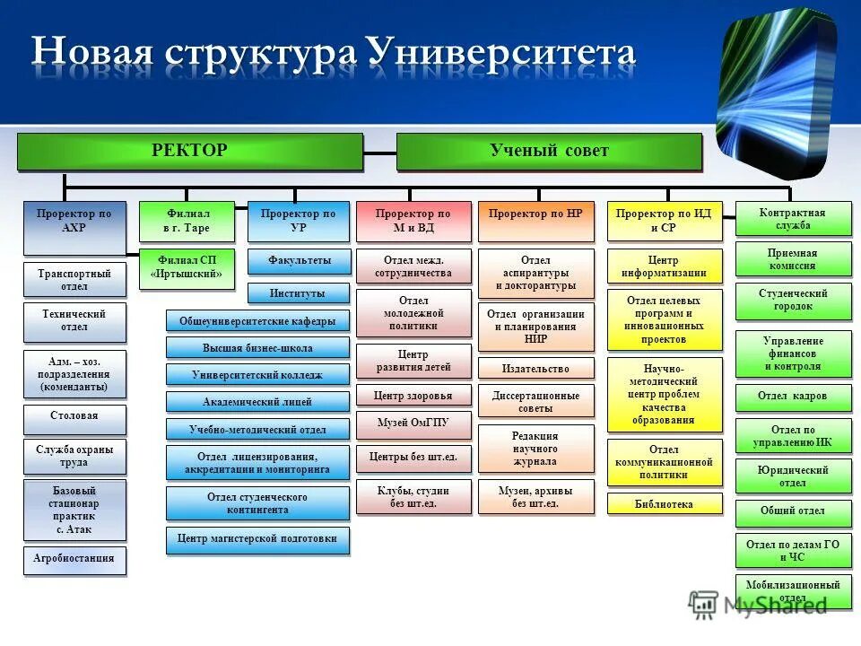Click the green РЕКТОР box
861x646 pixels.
[x=189, y=151]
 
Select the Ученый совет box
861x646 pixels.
[x=548, y=151]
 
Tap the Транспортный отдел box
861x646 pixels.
[x=74, y=279]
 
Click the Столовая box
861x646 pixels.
[x=74, y=416]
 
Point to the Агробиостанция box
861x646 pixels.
[x=74, y=559]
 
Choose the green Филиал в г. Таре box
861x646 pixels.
[x=187, y=221]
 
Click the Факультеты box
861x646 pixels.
[x=298, y=261]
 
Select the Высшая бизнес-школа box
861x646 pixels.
[x=257, y=348]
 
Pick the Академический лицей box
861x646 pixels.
[x=257, y=402]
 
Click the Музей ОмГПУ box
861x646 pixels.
[x=413, y=423]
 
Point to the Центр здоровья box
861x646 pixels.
[x=413, y=396]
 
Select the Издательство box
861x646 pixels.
[x=535, y=368]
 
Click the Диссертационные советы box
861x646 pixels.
[x=535, y=401]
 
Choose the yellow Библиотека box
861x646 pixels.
[x=664, y=504]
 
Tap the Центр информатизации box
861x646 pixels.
[x=664, y=266]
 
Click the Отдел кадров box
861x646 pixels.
[x=792, y=397]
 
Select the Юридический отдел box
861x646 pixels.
[x=792, y=476]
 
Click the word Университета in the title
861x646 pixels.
[x=503, y=53]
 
